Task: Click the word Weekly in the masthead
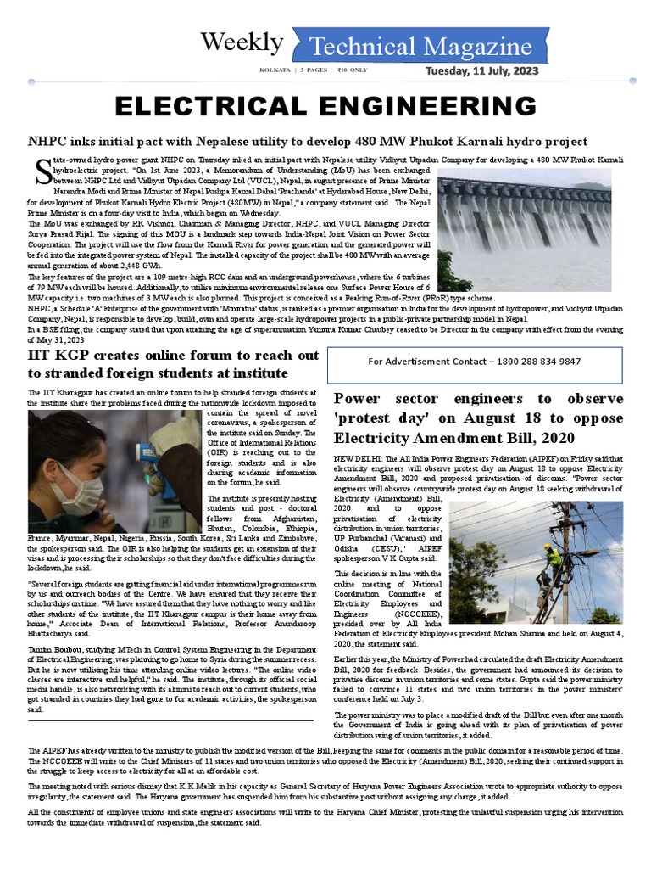click(x=242, y=42)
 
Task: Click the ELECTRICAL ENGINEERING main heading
click(x=326, y=107)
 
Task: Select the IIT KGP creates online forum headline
click(x=174, y=363)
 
